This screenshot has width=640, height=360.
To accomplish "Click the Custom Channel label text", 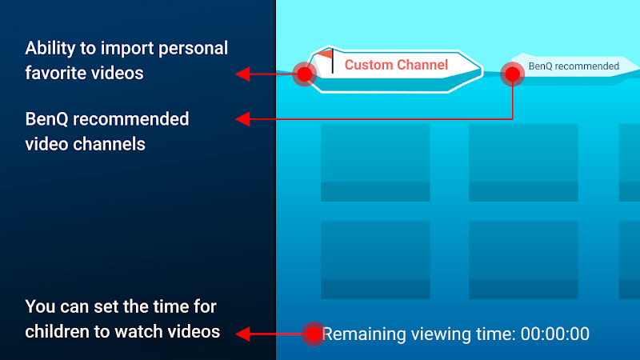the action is coord(396,65).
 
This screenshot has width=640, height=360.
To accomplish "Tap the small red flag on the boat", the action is coord(325,54).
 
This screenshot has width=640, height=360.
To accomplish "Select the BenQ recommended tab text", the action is coord(574,66).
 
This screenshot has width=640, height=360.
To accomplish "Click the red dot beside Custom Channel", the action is coord(305,74).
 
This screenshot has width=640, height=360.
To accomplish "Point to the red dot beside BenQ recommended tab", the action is coord(512,74).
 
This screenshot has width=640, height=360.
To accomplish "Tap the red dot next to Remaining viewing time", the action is coord(314,334).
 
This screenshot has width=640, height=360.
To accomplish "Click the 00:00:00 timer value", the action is coord(554,334).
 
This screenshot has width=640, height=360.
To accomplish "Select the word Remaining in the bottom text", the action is coord(363,334).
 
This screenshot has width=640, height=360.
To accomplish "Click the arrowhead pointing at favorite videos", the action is coord(243,74).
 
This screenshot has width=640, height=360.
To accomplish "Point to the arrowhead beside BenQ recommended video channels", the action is coord(243,119).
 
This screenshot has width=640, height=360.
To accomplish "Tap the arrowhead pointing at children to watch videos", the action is coord(243,334).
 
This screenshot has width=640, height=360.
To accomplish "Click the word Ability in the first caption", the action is coord(50,49).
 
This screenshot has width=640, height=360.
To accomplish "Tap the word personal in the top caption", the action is coord(193,49).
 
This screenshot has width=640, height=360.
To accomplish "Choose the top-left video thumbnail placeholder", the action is coord(375,162).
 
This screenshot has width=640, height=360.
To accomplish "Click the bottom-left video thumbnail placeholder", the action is coord(375,260).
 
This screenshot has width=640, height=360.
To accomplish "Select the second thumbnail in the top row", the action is coord(523,162).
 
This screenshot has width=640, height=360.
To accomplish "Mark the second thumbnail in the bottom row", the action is coord(523,260).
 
